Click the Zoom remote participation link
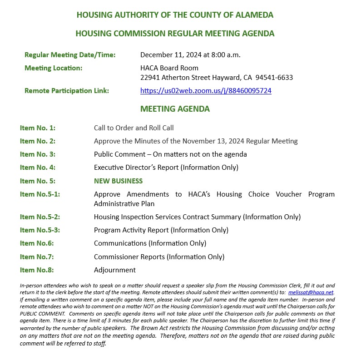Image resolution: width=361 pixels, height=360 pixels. point(206,91)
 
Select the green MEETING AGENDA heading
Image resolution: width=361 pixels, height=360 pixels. point(175,109)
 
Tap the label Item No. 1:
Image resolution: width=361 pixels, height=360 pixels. point(38,128)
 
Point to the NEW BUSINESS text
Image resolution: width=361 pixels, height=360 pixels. point(118,181)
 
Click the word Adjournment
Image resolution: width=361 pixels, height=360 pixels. point(115,270)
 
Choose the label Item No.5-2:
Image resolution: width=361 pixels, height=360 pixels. point(40,217)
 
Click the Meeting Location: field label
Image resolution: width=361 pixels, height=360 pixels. point(54,68)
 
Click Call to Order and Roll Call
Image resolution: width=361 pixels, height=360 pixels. point(134,128)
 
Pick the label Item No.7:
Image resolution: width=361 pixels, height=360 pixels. point(37,257)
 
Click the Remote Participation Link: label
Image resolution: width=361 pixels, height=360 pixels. point(67,91)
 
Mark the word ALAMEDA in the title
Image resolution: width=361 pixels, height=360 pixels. point(255,15)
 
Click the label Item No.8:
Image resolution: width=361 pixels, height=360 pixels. point(37,270)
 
